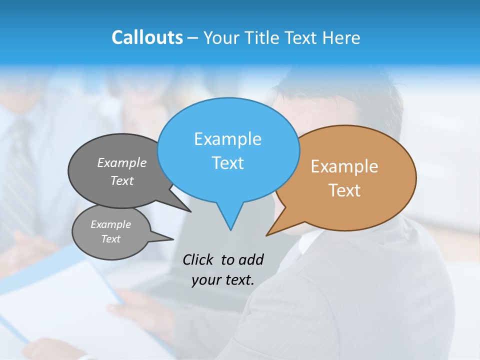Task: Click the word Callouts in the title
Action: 147,37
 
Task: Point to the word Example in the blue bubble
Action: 227,139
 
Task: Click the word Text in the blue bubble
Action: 227,163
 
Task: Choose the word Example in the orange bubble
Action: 344,166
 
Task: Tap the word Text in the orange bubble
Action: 344,190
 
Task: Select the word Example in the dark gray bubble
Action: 122,162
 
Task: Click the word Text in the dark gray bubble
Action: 122,180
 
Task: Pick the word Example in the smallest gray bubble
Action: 110,224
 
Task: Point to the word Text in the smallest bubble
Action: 110,239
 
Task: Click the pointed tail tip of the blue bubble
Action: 230,230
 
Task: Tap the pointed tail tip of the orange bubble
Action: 266,235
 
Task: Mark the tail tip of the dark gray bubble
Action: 191,212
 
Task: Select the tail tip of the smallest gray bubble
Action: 173,239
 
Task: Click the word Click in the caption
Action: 198,259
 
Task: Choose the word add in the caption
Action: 250,259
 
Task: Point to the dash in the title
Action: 193,38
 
